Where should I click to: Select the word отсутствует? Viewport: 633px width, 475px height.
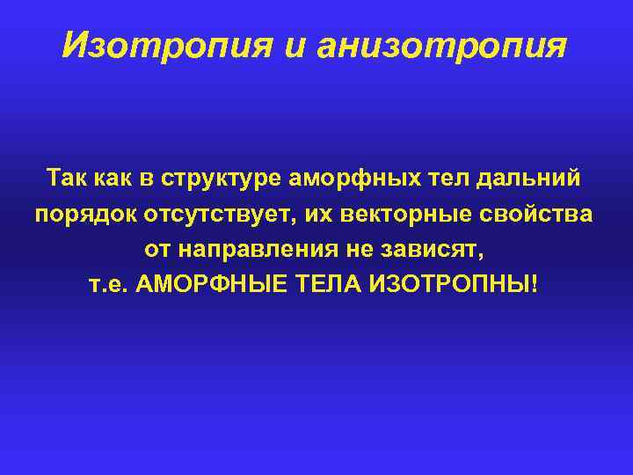tap(205, 215)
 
